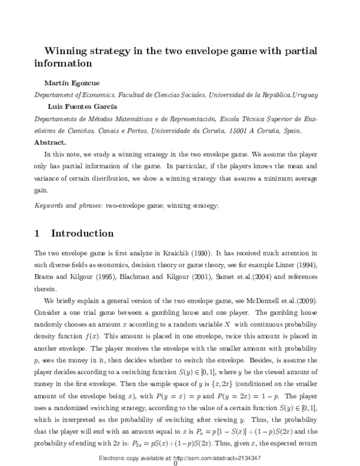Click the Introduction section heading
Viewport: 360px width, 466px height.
[90, 234]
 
